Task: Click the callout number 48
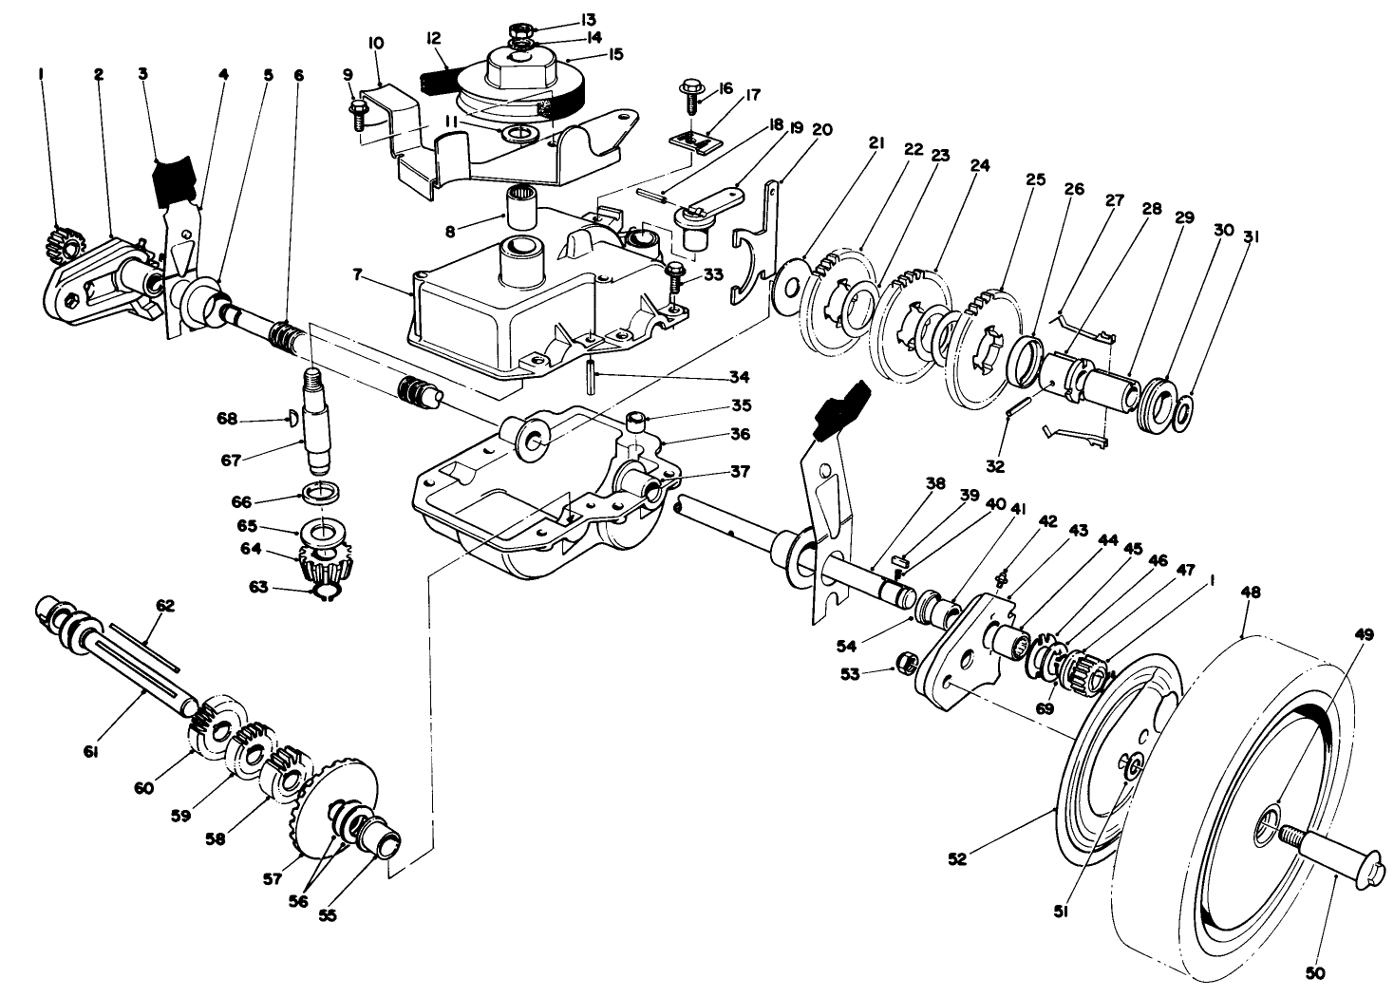[1251, 592]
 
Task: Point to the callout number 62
[140, 604]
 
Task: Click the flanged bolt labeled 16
[689, 98]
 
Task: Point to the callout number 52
[957, 859]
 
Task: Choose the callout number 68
[226, 418]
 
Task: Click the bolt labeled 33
[674, 276]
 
